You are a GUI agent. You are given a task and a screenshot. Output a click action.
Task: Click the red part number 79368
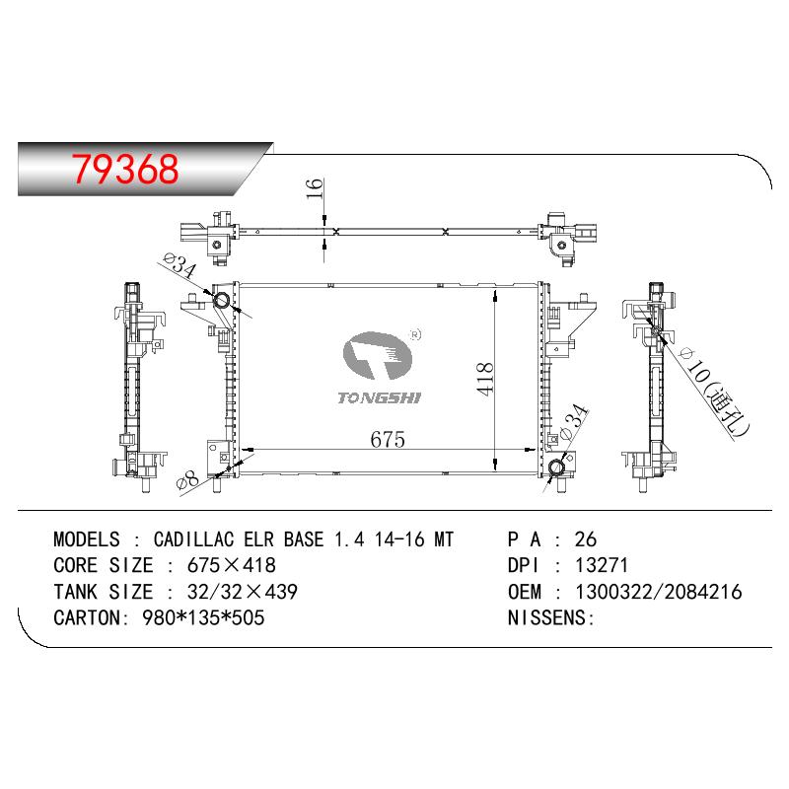tap(125, 168)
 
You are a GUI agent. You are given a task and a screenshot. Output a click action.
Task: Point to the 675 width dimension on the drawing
tap(388, 439)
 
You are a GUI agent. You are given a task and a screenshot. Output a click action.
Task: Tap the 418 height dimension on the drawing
tap(485, 379)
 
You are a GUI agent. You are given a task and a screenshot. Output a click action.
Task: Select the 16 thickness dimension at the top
tap(315, 188)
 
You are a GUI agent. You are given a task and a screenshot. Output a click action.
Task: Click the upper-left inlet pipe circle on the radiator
tap(221, 301)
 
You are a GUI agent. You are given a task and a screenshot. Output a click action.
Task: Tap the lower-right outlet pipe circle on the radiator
tap(556, 467)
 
